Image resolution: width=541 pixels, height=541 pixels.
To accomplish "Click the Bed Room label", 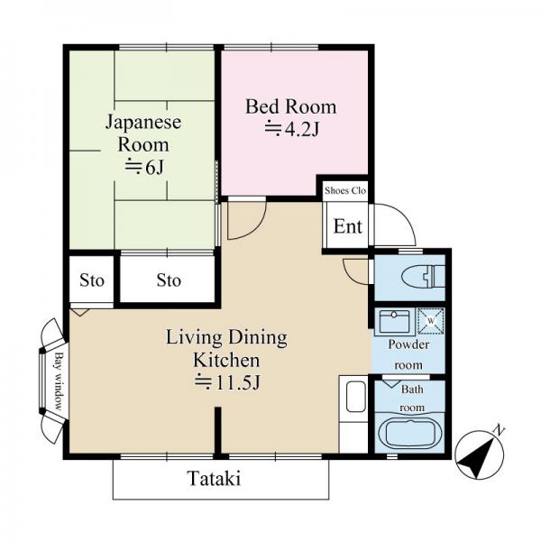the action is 291,106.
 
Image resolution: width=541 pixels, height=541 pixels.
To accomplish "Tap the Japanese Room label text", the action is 143,133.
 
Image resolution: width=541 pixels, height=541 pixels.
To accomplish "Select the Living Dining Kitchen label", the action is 226,348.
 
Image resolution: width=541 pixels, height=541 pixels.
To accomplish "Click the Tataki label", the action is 214,479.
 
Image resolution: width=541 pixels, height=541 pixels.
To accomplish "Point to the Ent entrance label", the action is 348,226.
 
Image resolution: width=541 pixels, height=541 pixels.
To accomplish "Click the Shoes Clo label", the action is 345,190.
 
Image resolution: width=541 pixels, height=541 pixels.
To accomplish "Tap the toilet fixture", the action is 424,276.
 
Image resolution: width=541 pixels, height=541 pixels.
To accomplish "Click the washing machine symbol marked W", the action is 431,321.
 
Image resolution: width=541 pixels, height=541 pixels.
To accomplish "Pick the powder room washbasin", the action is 394,322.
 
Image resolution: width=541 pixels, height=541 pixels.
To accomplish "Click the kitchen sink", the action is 356,397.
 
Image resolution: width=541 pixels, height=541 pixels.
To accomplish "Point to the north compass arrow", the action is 480,454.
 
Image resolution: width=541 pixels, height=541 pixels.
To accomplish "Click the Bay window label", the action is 59,381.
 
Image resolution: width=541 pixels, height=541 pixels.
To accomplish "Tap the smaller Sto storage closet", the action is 91,280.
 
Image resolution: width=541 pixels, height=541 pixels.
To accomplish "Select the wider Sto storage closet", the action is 168,280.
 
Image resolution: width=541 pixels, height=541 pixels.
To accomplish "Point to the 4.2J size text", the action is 292,129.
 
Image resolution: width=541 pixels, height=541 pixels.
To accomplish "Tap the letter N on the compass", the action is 499,430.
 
